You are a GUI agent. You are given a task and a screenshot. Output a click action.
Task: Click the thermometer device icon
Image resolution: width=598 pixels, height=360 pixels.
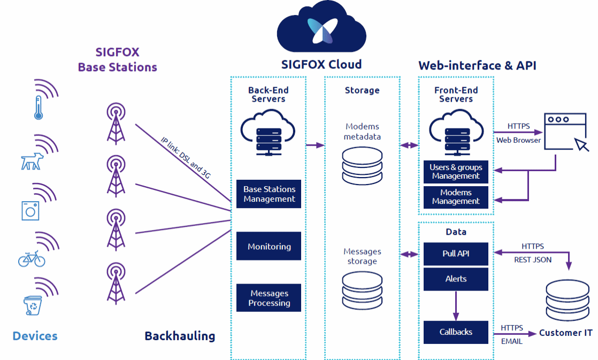pyautogui.click(x=39, y=108)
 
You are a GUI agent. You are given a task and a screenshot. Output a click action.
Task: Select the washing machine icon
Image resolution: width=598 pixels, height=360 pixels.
pyautogui.click(x=30, y=210)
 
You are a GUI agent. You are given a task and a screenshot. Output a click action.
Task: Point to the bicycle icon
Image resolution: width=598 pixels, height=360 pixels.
pyautogui.click(x=32, y=259)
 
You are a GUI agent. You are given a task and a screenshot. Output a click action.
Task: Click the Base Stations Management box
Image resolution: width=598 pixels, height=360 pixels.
pyautogui.click(x=269, y=194)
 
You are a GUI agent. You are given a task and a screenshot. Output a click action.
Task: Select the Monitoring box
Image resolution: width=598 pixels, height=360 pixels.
pyautogui.click(x=269, y=247)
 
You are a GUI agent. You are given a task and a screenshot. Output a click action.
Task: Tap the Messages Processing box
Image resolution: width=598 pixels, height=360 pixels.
pyautogui.click(x=269, y=298)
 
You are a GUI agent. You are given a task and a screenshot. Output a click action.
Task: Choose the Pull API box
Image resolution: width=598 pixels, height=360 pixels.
pyautogui.click(x=456, y=254)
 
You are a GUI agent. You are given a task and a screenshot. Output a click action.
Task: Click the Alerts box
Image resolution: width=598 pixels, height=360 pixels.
pyautogui.click(x=456, y=279)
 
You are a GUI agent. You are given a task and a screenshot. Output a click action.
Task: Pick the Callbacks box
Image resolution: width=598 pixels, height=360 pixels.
pyautogui.click(x=456, y=332)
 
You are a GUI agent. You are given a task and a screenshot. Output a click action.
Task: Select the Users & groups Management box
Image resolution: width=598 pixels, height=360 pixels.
pyautogui.click(x=456, y=171)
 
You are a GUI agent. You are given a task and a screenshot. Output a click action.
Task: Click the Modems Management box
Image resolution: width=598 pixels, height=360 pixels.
pyautogui.click(x=456, y=197)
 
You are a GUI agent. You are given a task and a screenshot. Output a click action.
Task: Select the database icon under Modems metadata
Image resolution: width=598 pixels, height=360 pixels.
pyautogui.click(x=362, y=165)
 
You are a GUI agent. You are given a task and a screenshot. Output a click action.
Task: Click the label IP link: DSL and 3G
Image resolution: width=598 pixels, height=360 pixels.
pyautogui.click(x=186, y=158)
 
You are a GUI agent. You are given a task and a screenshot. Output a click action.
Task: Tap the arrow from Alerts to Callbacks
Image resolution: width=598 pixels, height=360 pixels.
pyautogui.click(x=456, y=305)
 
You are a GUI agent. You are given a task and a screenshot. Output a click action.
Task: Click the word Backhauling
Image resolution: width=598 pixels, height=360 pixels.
pyautogui.click(x=180, y=336)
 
